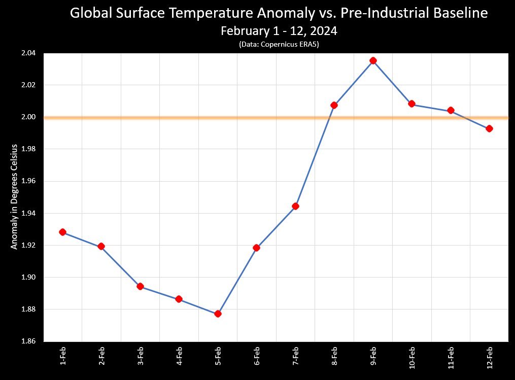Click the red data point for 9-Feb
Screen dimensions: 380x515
(x=373, y=60)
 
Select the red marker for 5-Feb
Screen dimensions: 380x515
(x=218, y=314)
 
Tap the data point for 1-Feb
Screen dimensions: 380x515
(x=62, y=232)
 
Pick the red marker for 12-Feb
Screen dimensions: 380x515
(x=489, y=128)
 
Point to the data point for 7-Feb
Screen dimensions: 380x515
(x=295, y=206)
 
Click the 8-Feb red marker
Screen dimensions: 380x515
(x=334, y=105)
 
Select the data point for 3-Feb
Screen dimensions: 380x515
(x=140, y=286)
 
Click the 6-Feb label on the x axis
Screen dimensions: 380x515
(x=257, y=357)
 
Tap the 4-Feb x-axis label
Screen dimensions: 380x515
(x=179, y=357)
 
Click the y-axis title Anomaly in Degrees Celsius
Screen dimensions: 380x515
(x=15, y=197)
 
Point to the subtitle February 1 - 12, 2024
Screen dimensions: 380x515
(x=279, y=31)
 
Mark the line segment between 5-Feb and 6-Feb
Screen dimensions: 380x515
(x=237, y=281)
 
